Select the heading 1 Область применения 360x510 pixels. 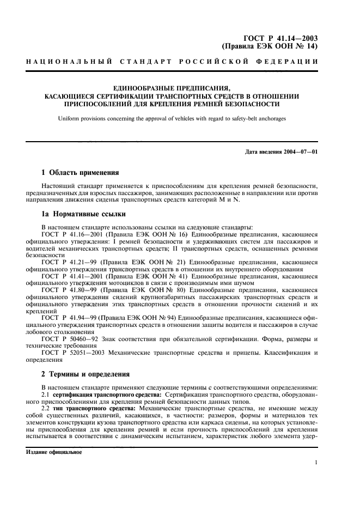(80, 173)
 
